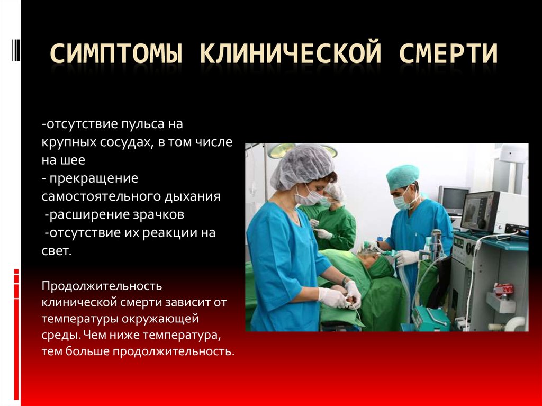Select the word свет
point(56,250)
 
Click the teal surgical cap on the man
point(402,175)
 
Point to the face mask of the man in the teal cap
point(402,202)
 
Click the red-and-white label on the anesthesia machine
point(504,290)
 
